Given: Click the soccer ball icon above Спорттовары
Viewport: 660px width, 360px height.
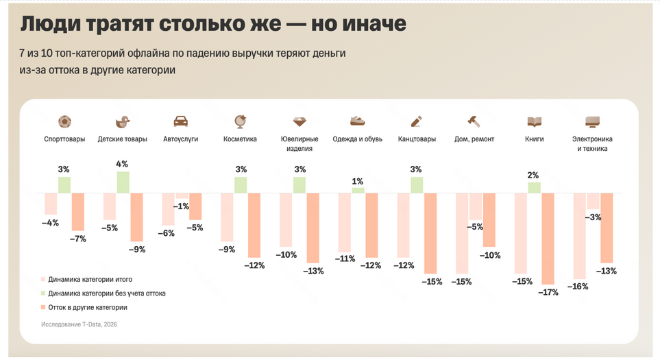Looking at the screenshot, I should [x=64, y=121].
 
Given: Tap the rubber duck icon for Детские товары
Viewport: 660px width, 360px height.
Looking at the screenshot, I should [x=123, y=121].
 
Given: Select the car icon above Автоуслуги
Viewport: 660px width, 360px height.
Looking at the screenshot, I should [x=181, y=121].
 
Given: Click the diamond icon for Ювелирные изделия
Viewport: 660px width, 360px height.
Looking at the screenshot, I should [x=300, y=121].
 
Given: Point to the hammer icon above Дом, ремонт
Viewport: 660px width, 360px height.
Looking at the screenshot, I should [x=474, y=121].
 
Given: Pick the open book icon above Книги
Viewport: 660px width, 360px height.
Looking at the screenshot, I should [x=534, y=121].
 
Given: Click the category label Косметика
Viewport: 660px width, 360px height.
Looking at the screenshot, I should [x=240, y=139].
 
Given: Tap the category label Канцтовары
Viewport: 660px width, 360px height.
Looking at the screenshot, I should [x=416, y=139].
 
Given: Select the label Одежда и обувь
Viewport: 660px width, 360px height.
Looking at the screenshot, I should [x=357, y=139].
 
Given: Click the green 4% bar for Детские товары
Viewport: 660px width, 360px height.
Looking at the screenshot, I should [x=123, y=182].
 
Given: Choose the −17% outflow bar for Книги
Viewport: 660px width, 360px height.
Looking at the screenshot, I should [x=548, y=238].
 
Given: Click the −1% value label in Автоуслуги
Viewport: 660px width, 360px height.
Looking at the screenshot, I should [x=182, y=206].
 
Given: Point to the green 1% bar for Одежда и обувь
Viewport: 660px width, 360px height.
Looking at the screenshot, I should [x=358, y=190].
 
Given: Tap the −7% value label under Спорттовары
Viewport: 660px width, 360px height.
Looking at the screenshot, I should [x=78, y=239].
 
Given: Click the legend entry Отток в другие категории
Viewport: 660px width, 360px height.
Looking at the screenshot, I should [x=87, y=307].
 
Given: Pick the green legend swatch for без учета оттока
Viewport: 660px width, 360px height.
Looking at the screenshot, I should [x=43, y=293].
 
